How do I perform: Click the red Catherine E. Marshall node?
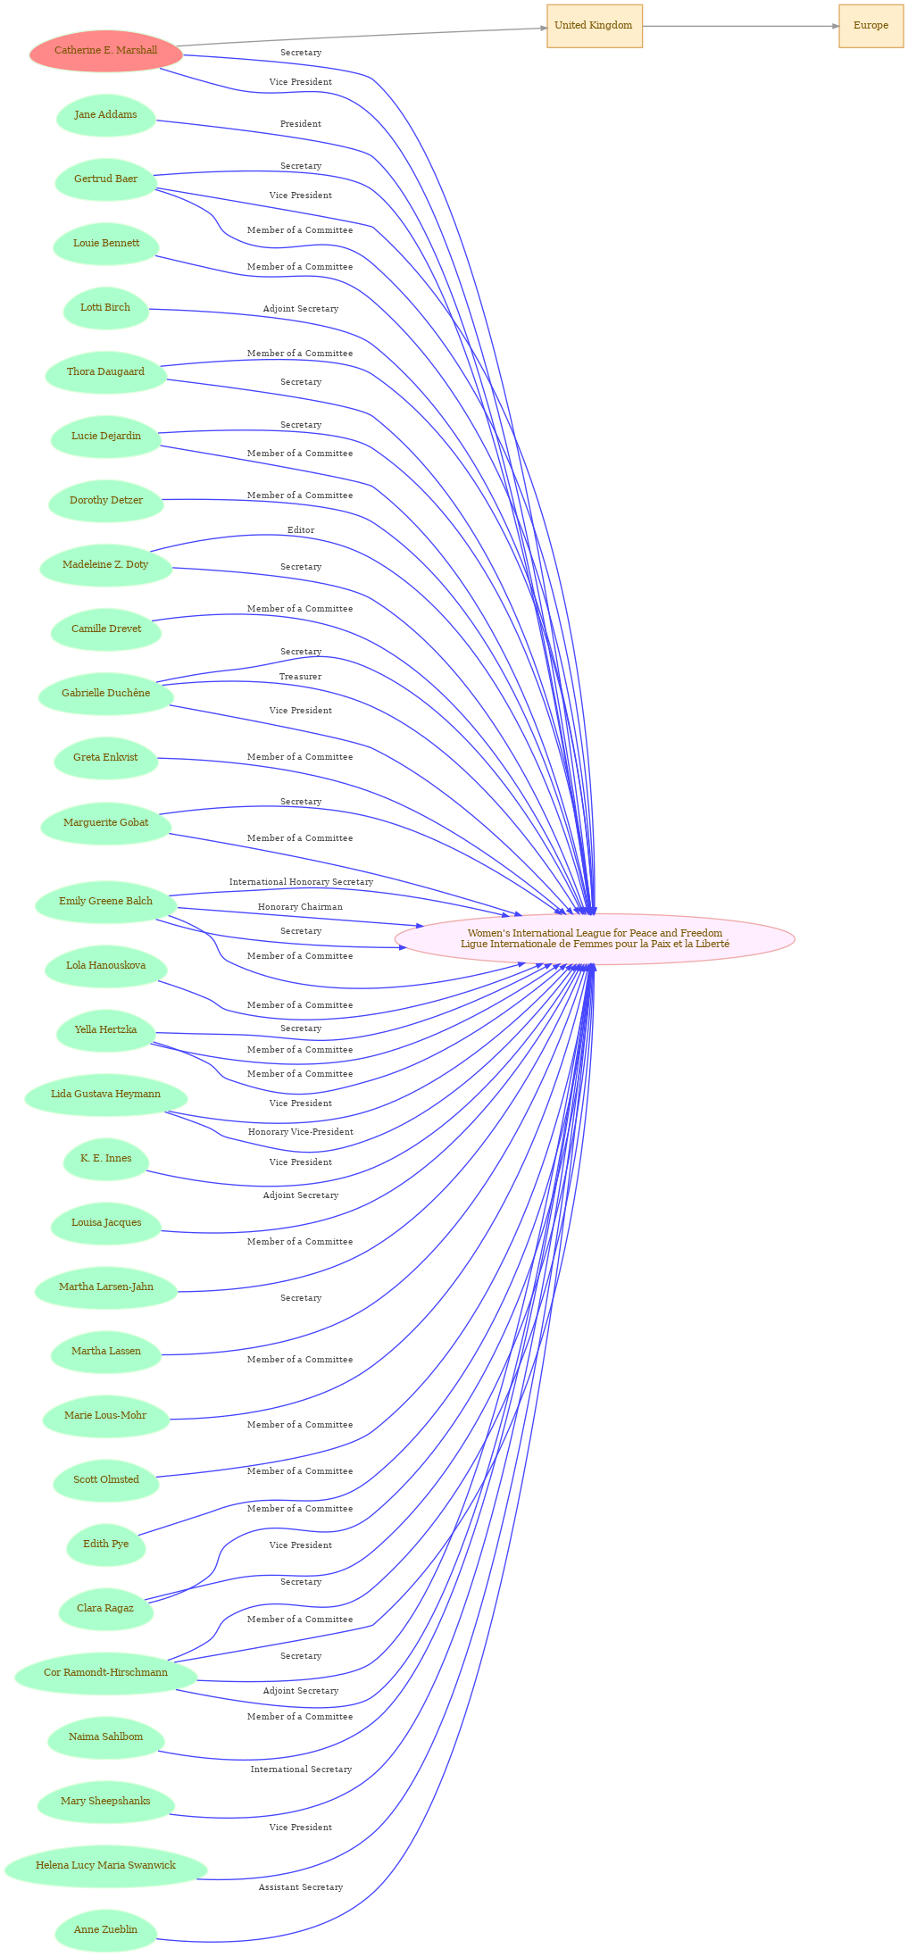coord(106,51)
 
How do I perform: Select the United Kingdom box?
coord(594,26)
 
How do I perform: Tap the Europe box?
coord(871,26)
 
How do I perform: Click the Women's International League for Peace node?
coord(595,938)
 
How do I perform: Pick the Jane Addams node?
coord(106,115)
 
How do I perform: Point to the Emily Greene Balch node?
coord(106,902)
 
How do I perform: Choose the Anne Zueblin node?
coord(106,1930)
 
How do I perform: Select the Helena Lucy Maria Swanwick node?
coord(106,1866)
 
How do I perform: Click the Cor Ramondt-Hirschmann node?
coord(106,1673)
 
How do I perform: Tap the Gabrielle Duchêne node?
coord(106,694)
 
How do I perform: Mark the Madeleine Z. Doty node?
coord(106,565)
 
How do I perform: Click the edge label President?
coord(301,124)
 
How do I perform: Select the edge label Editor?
coord(301,530)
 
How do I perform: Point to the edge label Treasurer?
coord(301,677)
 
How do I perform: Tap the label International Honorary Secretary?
coord(301,882)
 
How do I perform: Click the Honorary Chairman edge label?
coord(301,907)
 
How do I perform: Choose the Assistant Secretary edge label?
coord(301,1887)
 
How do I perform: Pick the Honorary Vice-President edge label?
coord(301,1132)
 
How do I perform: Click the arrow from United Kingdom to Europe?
coord(740,26)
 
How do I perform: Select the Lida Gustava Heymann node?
coord(106,1095)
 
